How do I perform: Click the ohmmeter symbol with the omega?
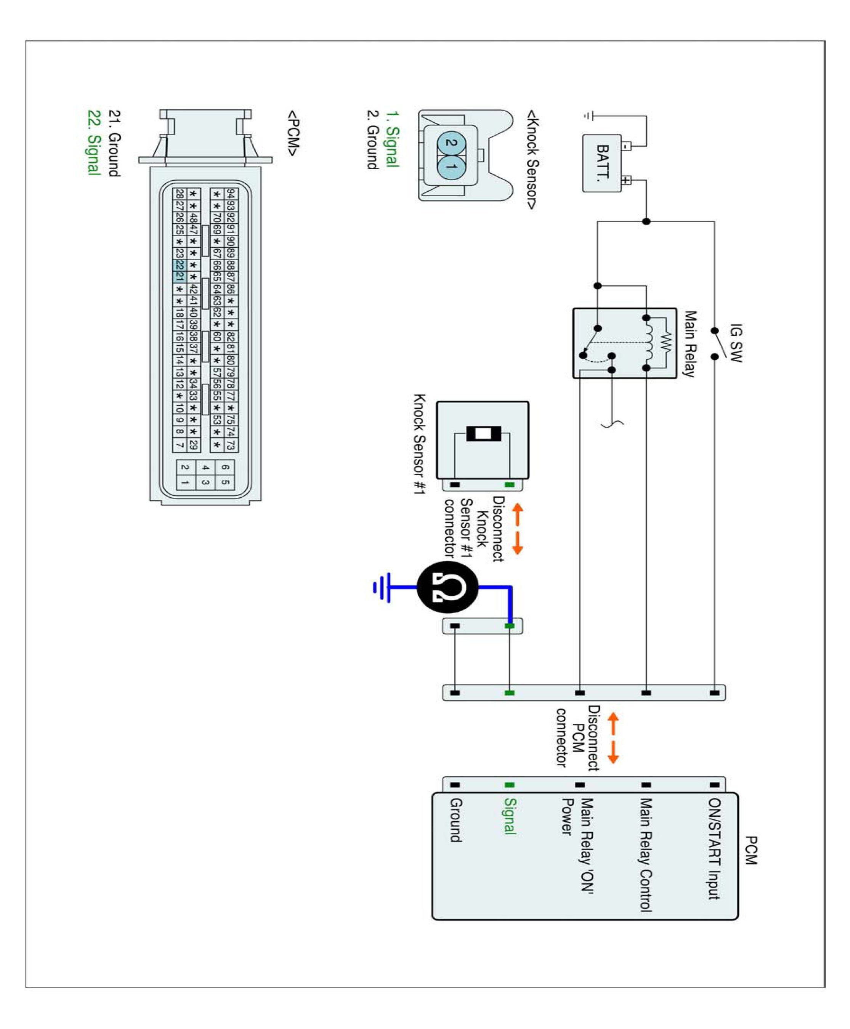[x=447, y=587]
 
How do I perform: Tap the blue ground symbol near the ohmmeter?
[x=382, y=587]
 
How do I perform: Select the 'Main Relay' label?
[x=690, y=344]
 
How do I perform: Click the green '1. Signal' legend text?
[x=393, y=139]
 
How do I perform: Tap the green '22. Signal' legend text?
[x=93, y=142]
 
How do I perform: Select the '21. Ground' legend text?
[x=114, y=143]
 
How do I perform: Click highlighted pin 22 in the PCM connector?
[x=179, y=265]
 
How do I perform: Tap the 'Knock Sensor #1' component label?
[x=420, y=444]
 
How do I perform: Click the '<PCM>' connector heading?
[x=293, y=133]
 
